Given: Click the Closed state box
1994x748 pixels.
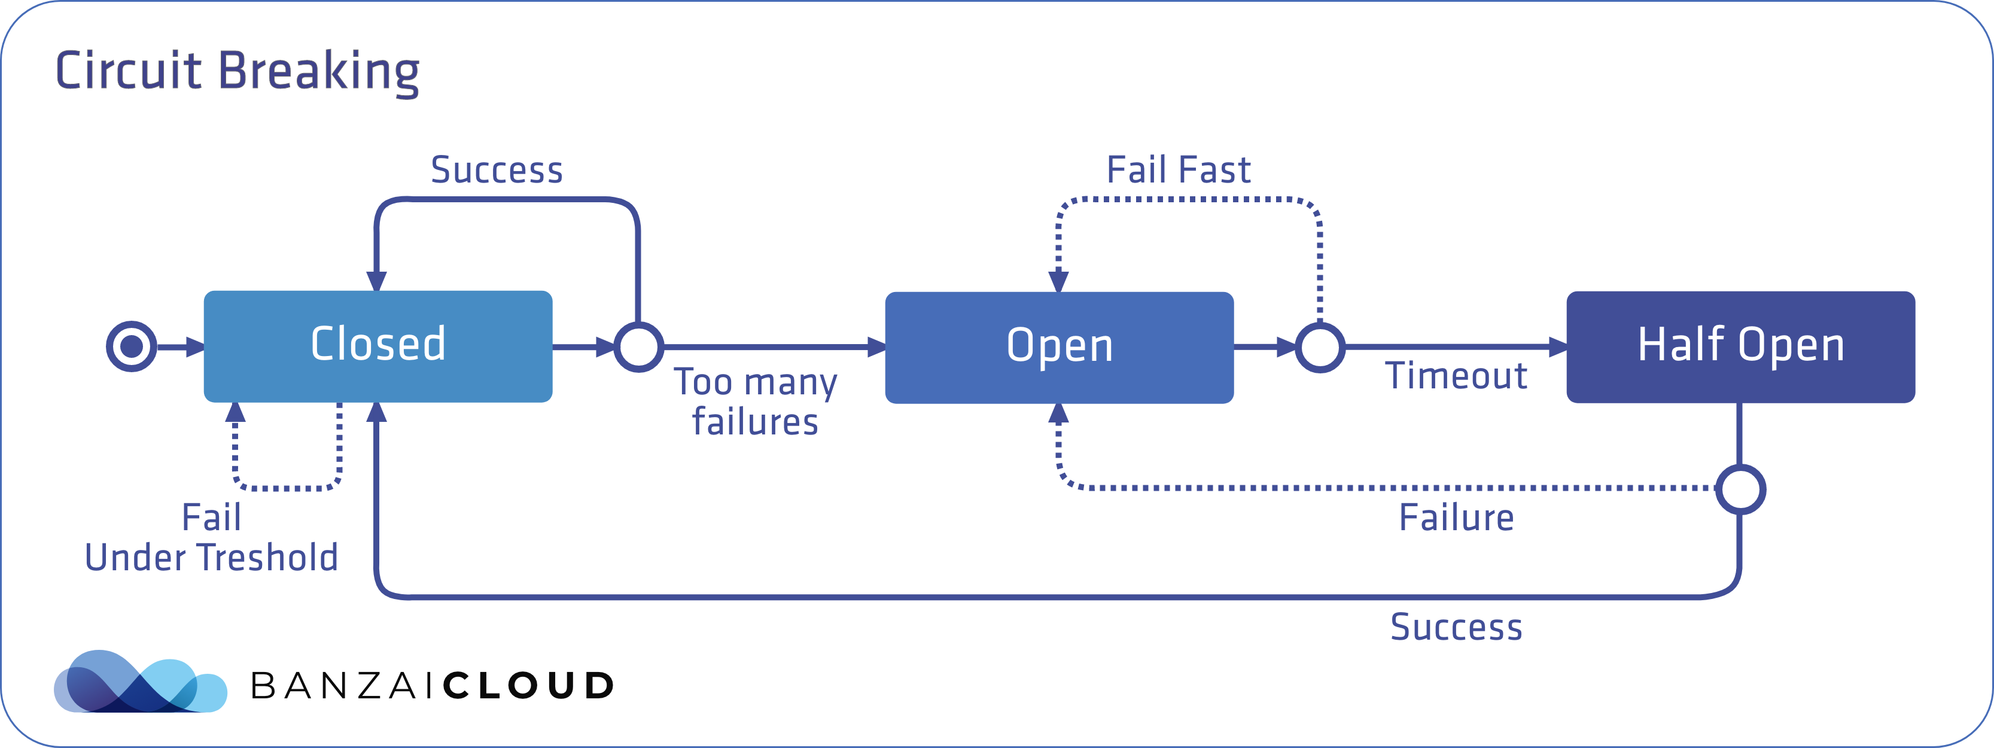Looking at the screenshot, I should click(378, 346).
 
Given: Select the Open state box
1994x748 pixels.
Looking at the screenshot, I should click(1059, 347).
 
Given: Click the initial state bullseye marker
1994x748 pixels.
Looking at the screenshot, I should click(132, 346).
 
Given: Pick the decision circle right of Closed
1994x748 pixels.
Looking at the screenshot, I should click(638, 347).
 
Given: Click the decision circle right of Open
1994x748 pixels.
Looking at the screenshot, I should click(1320, 347).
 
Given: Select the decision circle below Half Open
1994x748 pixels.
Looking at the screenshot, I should click(1740, 489).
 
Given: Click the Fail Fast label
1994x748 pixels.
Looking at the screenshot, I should click(1178, 169).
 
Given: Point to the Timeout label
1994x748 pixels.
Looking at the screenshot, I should click(1455, 376).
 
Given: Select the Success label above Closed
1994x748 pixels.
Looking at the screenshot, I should click(496, 169).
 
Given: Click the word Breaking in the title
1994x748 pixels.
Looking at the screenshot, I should click(318, 71).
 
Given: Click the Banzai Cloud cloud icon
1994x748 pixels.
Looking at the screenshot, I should click(140, 682).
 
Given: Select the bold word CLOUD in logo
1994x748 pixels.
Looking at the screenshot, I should click(529, 686).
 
